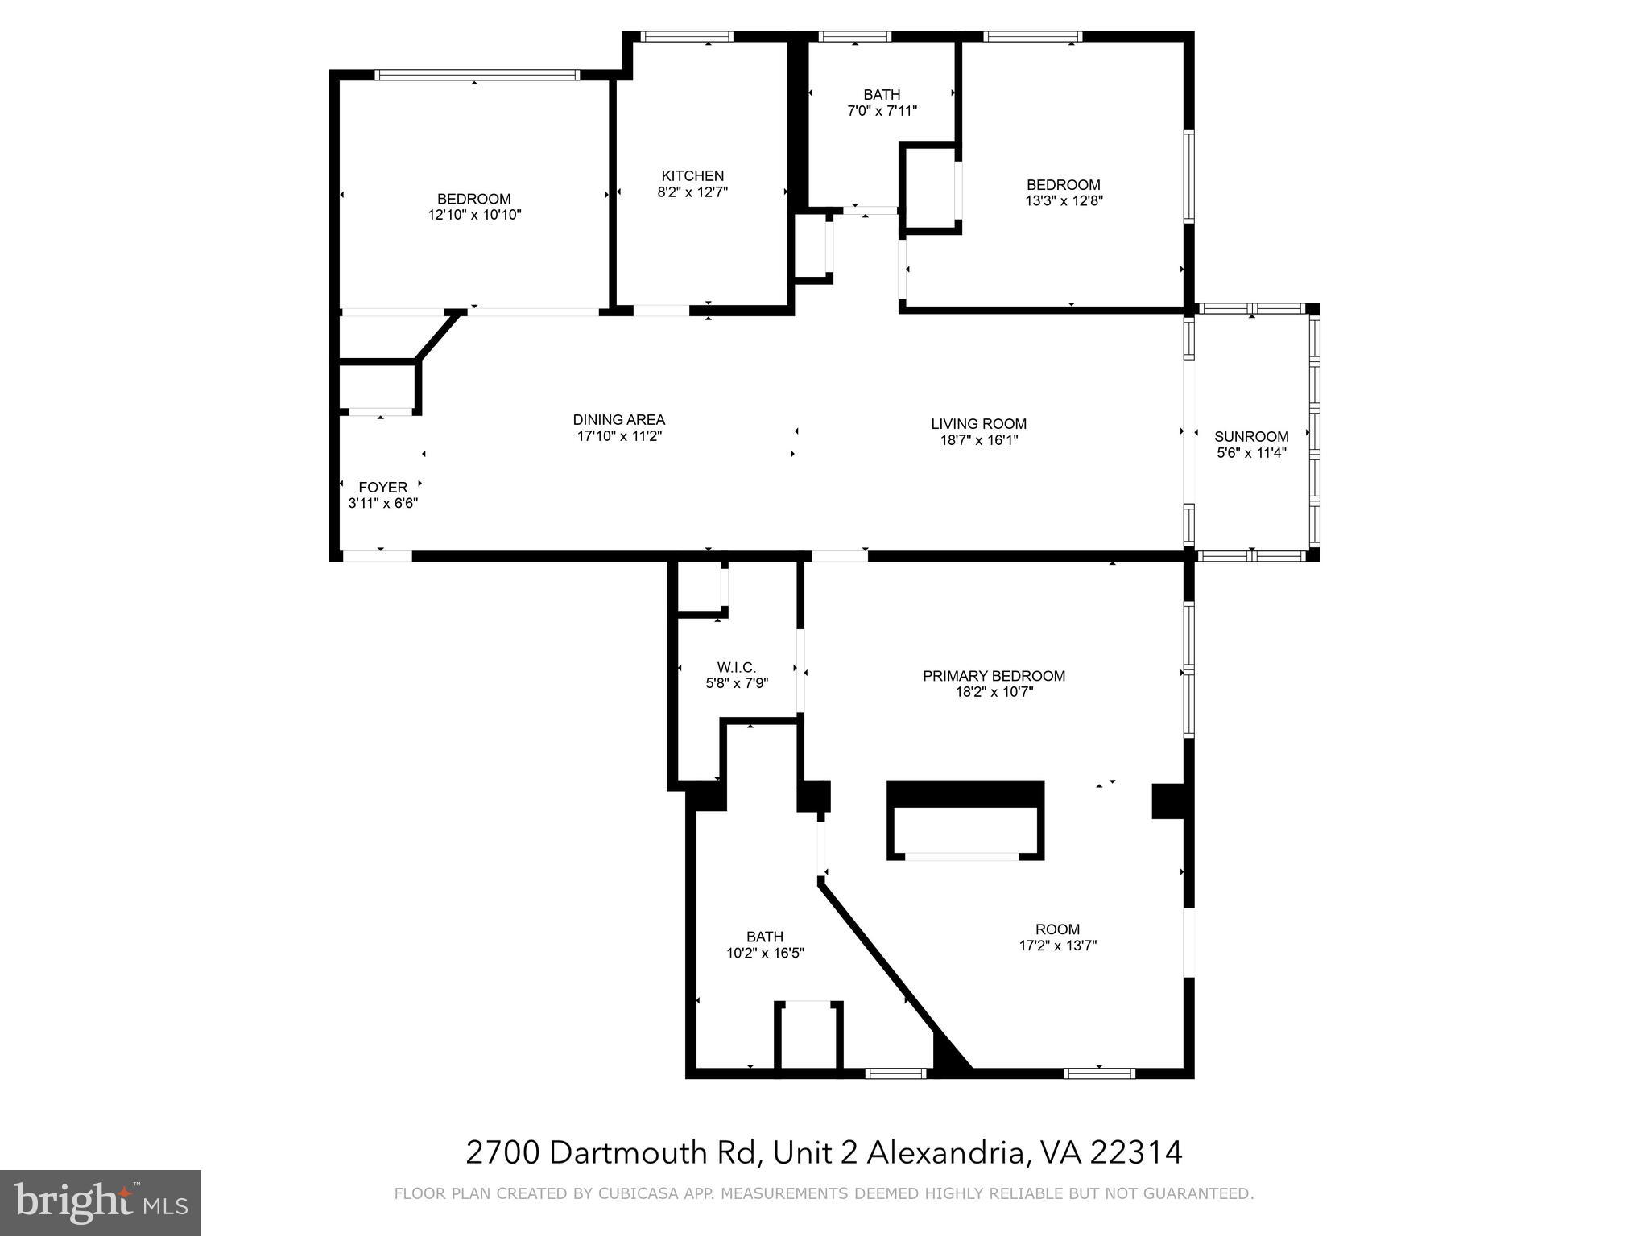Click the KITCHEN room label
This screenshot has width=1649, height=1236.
pos(692,176)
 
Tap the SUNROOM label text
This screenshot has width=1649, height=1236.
pos(1251,437)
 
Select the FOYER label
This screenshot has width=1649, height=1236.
pos(382,487)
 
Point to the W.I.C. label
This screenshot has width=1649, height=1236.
pos(737,667)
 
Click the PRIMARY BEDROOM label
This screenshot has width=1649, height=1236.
pos(994,676)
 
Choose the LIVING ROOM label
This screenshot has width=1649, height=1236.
pos(978,424)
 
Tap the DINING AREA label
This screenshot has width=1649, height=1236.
pos(618,419)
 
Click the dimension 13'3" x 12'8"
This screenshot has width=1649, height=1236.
pos(1063,201)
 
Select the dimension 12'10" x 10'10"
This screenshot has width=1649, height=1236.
pos(474,215)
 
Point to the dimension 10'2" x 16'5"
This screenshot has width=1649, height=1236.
pos(764,953)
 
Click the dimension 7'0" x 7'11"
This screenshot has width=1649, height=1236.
pos(882,111)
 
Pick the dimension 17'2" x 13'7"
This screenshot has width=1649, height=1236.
pos(1057,946)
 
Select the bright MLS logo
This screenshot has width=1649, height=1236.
pos(101,1203)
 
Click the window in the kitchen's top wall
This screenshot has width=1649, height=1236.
pos(687,36)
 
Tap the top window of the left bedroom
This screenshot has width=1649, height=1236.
pos(477,76)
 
